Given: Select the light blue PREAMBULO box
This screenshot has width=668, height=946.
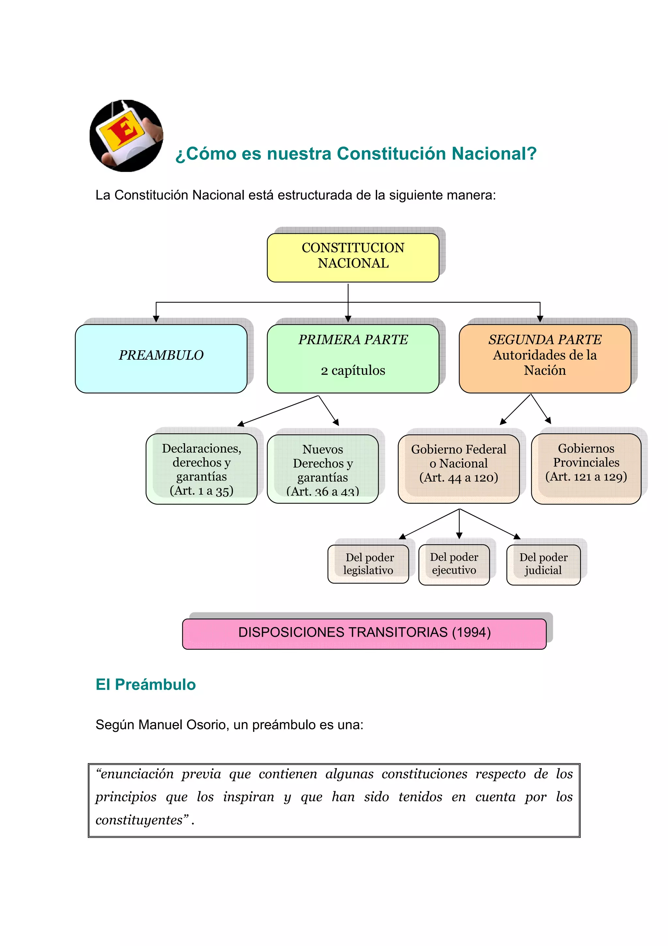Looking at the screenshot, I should pos(161,358).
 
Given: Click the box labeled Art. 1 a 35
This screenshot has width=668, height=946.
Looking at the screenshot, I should pos(201,469).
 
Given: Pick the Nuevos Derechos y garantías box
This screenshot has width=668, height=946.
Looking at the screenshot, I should pos(322,469).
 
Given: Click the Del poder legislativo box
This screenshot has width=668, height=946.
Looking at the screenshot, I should pos(368,564).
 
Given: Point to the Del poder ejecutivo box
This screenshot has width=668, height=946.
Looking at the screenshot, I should pos(454,564).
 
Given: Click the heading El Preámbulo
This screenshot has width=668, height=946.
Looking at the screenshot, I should pos(146,685).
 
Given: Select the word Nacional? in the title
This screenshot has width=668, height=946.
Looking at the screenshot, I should pos(494,154).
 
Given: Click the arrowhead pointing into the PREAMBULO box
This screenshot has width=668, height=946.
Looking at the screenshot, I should pos(156,319).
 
